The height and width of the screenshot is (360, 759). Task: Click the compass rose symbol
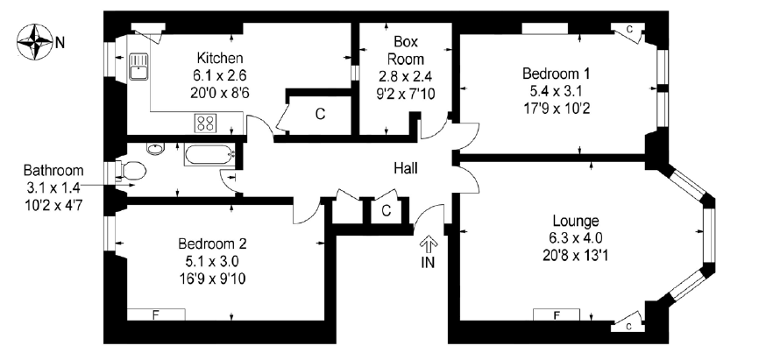click(x=35, y=40)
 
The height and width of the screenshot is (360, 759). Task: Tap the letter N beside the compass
click(x=60, y=41)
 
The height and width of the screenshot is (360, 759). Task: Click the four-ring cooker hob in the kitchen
click(x=206, y=123)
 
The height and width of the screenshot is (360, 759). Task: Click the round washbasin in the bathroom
click(x=155, y=150)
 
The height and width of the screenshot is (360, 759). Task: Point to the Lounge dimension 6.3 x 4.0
click(x=576, y=236)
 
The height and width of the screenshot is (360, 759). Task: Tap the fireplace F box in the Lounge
click(x=559, y=314)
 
